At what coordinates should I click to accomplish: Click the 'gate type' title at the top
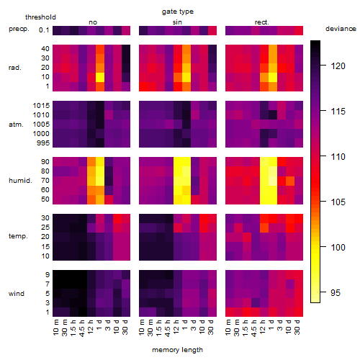point(178,12)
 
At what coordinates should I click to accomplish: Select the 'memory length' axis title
point(177,350)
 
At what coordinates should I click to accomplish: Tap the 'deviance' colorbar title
point(341,29)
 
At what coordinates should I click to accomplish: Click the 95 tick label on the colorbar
point(336,292)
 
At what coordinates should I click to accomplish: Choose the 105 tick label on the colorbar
point(338,202)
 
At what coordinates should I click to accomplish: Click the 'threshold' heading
point(40,17)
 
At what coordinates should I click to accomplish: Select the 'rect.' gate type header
point(261,22)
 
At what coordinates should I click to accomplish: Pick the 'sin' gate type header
point(177,22)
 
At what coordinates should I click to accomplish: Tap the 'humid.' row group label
point(20,181)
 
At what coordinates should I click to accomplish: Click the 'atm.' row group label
point(16,125)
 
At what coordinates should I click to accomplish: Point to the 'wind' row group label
point(17,294)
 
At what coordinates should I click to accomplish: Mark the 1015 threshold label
point(41,106)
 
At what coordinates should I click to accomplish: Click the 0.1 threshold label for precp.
point(44,30)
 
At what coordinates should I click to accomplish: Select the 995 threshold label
point(43,143)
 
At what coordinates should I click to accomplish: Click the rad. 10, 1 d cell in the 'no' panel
point(100,77)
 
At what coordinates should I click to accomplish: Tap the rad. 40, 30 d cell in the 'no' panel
point(126,49)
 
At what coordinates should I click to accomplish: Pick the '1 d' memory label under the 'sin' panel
point(185,325)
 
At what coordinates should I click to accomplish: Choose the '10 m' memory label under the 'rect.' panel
point(228,328)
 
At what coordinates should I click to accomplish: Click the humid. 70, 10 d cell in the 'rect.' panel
point(290,181)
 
